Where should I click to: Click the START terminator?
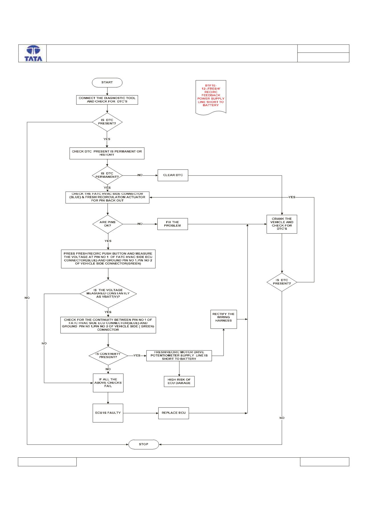click(107, 82)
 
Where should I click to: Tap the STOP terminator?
click(143, 444)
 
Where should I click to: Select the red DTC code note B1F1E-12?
click(211, 97)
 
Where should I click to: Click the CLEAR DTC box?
click(173, 175)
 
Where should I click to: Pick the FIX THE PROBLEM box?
click(173, 224)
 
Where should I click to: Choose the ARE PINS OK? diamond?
click(108, 224)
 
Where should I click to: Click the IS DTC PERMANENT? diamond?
click(107, 175)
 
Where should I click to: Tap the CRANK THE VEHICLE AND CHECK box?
click(282, 224)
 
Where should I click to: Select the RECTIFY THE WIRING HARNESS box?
click(224, 319)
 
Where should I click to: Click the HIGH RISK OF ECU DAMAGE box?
click(179, 381)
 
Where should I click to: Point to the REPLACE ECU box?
click(174, 413)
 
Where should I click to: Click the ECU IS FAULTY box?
click(108, 413)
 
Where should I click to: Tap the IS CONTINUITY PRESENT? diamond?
click(108, 356)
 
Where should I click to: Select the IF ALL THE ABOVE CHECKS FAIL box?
click(108, 383)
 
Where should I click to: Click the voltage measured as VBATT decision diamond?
click(108, 293)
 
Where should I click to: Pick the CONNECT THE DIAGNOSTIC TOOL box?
click(107, 100)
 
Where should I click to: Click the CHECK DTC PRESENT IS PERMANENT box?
click(107, 153)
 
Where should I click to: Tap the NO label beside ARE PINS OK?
click(140, 224)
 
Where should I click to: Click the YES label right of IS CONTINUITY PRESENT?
click(137, 356)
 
